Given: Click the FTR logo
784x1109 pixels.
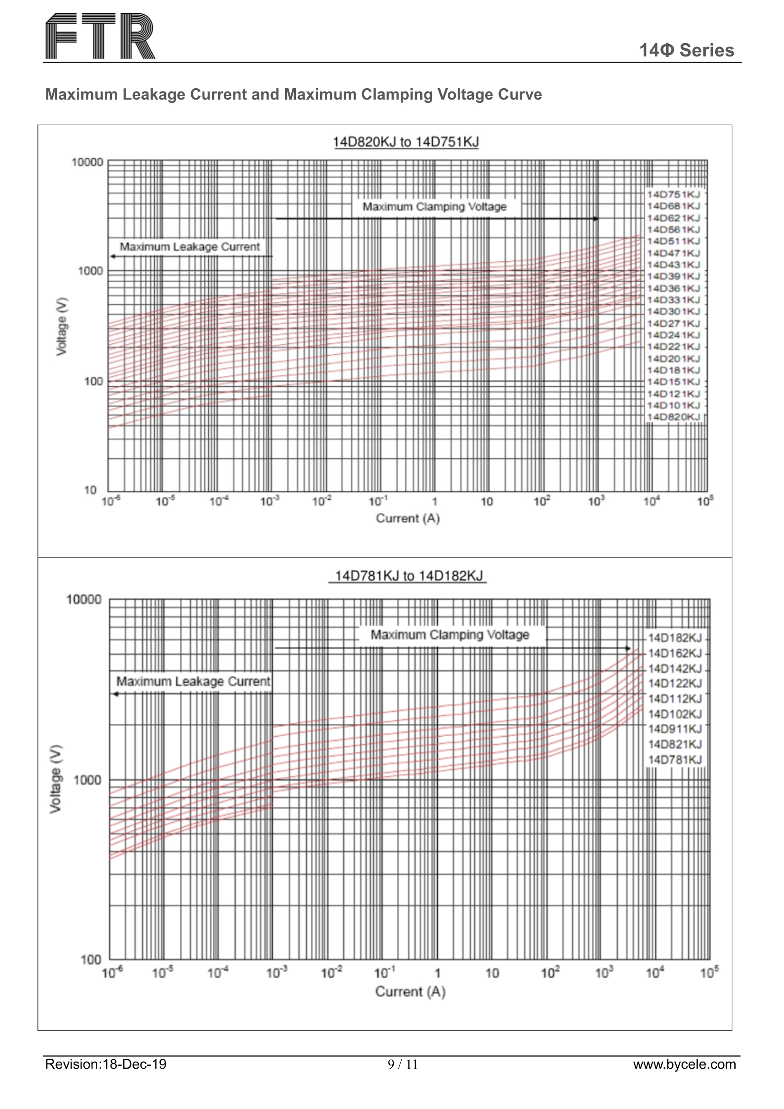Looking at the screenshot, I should pyautogui.click(x=100, y=36).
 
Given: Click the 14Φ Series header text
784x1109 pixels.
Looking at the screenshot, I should pyautogui.click(x=686, y=50).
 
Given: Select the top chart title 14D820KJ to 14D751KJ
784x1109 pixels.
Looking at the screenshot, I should pyautogui.click(x=406, y=142).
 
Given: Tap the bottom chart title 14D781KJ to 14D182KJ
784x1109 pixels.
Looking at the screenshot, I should pyautogui.click(x=408, y=576).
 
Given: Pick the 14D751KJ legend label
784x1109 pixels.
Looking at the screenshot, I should pyautogui.click(x=673, y=194).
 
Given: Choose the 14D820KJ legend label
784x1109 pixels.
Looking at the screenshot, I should pyautogui.click(x=673, y=417).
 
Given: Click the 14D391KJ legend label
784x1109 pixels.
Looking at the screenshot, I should pyautogui.click(x=673, y=276).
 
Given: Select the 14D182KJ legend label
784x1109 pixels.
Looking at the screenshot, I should pyautogui.click(x=674, y=638).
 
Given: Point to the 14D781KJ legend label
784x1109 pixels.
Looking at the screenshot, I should pyautogui.click(x=674, y=760).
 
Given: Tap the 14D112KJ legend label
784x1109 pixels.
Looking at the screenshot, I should pyautogui.click(x=674, y=699).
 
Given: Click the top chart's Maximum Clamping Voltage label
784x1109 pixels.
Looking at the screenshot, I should pyautogui.click(x=434, y=207).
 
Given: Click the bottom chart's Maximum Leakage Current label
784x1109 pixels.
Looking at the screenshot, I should pyautogui.click(x=193, y=681).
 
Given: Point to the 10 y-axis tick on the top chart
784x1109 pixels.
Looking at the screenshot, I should pyautogui.click(x=91, y=490).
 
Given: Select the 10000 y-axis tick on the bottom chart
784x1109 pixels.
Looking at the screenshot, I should pyautogui.click(x=84, y=600).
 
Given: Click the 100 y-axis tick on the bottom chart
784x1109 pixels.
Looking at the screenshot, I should pyautogui.click(x=91, y=960).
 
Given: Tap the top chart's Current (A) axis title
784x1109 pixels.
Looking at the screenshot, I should pyautogui.click(x=408, y=518).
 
